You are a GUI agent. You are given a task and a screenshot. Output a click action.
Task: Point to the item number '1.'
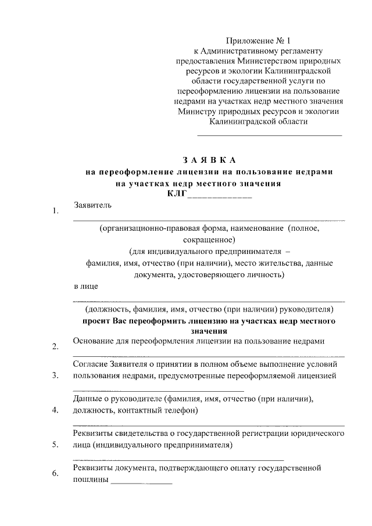(x=55, y=212)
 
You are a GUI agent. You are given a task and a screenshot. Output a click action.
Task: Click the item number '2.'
(x=55, y=348)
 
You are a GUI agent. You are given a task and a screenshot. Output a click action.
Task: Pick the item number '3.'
(x=55, y=375)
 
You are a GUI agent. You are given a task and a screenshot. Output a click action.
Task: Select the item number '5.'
(x=55, y=445)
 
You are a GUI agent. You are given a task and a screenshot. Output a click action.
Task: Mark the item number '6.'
(x=55, y=474)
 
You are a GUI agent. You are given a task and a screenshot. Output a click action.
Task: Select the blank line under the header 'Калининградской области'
(x=270, y=135)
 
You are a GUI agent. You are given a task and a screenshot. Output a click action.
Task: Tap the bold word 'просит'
(x=96, y=321)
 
